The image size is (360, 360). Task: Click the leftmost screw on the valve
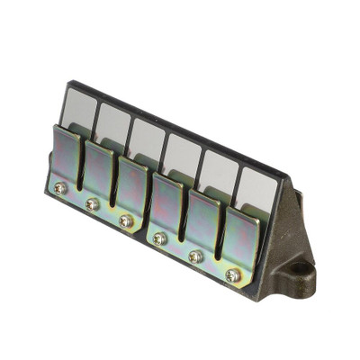58,188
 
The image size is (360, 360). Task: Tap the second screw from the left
92,204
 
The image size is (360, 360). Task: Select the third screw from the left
126,220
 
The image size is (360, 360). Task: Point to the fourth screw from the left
159,238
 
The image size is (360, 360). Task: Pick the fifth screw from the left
195,256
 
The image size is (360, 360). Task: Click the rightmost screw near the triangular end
233,275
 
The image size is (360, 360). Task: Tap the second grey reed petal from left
112,121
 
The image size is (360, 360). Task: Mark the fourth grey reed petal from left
182,155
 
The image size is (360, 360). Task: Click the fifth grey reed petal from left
219,171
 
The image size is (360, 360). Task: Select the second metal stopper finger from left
99,171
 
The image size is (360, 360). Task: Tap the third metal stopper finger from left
131,187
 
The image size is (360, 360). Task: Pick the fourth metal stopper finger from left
166,205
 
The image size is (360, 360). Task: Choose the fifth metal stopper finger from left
202,223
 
